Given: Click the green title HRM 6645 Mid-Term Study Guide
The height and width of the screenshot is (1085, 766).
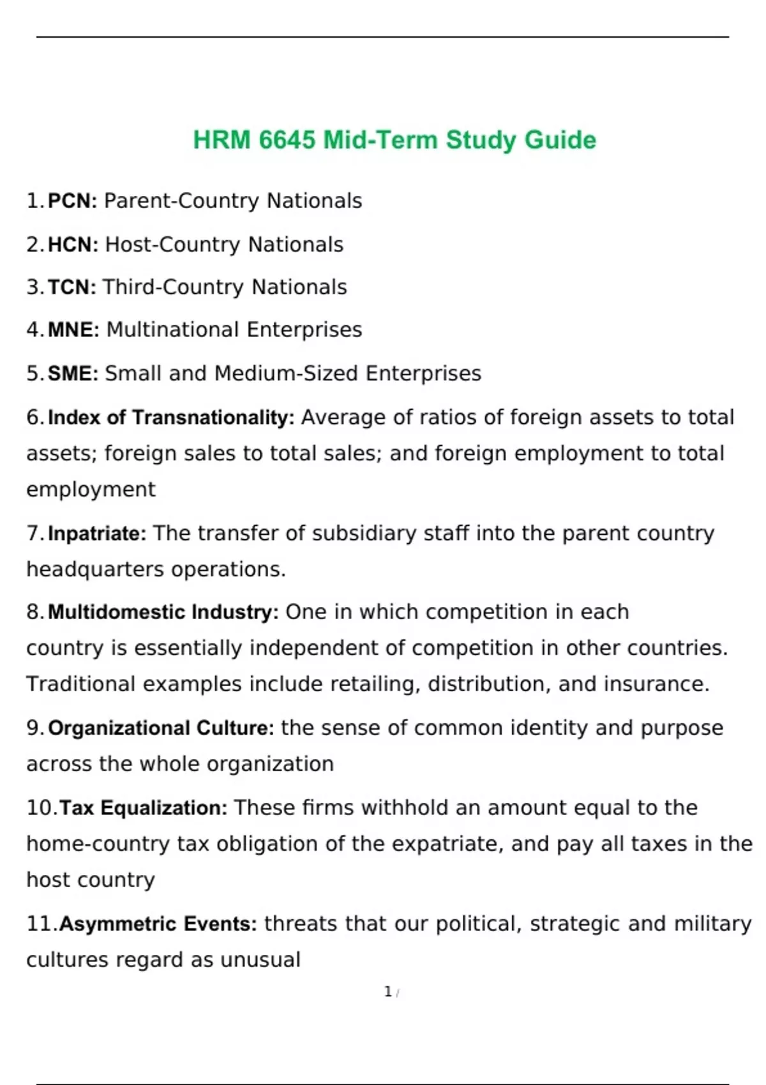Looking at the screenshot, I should tap(394, 140).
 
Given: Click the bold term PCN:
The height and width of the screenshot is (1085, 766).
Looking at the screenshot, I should tap(72, 201).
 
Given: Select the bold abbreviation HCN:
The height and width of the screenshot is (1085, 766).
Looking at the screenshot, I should tap(73, 244).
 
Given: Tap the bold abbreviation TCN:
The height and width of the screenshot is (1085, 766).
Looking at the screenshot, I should tap(71, 287).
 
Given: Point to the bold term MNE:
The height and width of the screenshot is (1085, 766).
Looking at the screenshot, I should tap(73, 330).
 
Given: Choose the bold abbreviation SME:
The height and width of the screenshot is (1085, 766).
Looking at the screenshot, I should tap(73, 373).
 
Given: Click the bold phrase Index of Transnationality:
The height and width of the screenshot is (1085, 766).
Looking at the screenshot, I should tap(171, 417).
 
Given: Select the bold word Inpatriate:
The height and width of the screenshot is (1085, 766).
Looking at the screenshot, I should tap(97, 533).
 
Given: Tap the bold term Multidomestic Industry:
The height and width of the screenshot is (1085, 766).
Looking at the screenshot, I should tap(163, 612).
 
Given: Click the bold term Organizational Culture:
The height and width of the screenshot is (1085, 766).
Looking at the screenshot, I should tap(161, 728).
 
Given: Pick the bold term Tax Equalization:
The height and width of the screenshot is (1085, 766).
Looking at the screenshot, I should tap(144, 808).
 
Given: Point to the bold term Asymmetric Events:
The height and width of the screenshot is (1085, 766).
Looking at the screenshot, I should tap(158, 924).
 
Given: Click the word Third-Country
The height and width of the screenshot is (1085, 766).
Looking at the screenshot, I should tap(174, 287).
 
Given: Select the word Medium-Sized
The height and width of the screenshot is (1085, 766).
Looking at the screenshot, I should tap(286, 373).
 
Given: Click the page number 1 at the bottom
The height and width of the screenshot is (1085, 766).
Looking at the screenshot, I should tap(388, 992).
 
